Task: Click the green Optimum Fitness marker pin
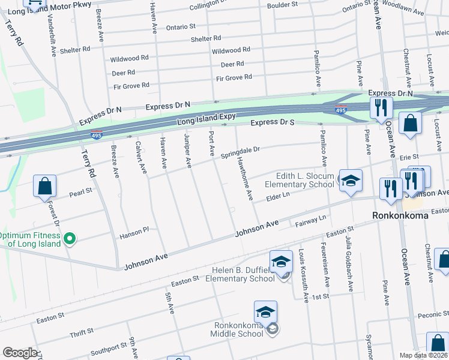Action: pos(70,239)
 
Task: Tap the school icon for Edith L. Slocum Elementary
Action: pos(350,179)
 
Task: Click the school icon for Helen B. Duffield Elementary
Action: pos(281,262)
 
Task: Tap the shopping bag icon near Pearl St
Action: pos(45,187)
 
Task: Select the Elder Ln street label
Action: pos(278,195)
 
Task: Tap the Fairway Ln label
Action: pos(310,221)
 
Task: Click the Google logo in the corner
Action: pos(20,353)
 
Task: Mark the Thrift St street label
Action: pos(82,331)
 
